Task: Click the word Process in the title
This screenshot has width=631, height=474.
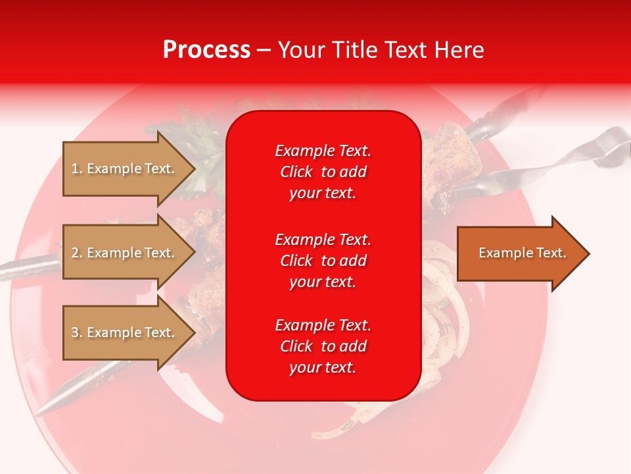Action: [x=206, y=50]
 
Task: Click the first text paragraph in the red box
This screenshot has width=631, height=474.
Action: [x=323, y=172]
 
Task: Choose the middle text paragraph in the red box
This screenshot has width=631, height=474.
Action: [x=323, y=261]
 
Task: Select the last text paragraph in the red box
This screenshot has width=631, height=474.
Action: [x=323, y=346]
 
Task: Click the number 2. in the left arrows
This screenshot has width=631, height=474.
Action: [x=77, y=253]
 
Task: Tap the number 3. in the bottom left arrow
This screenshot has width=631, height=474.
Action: [x=77, y=332]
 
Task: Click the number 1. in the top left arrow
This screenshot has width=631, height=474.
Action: [x=76, y=169]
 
